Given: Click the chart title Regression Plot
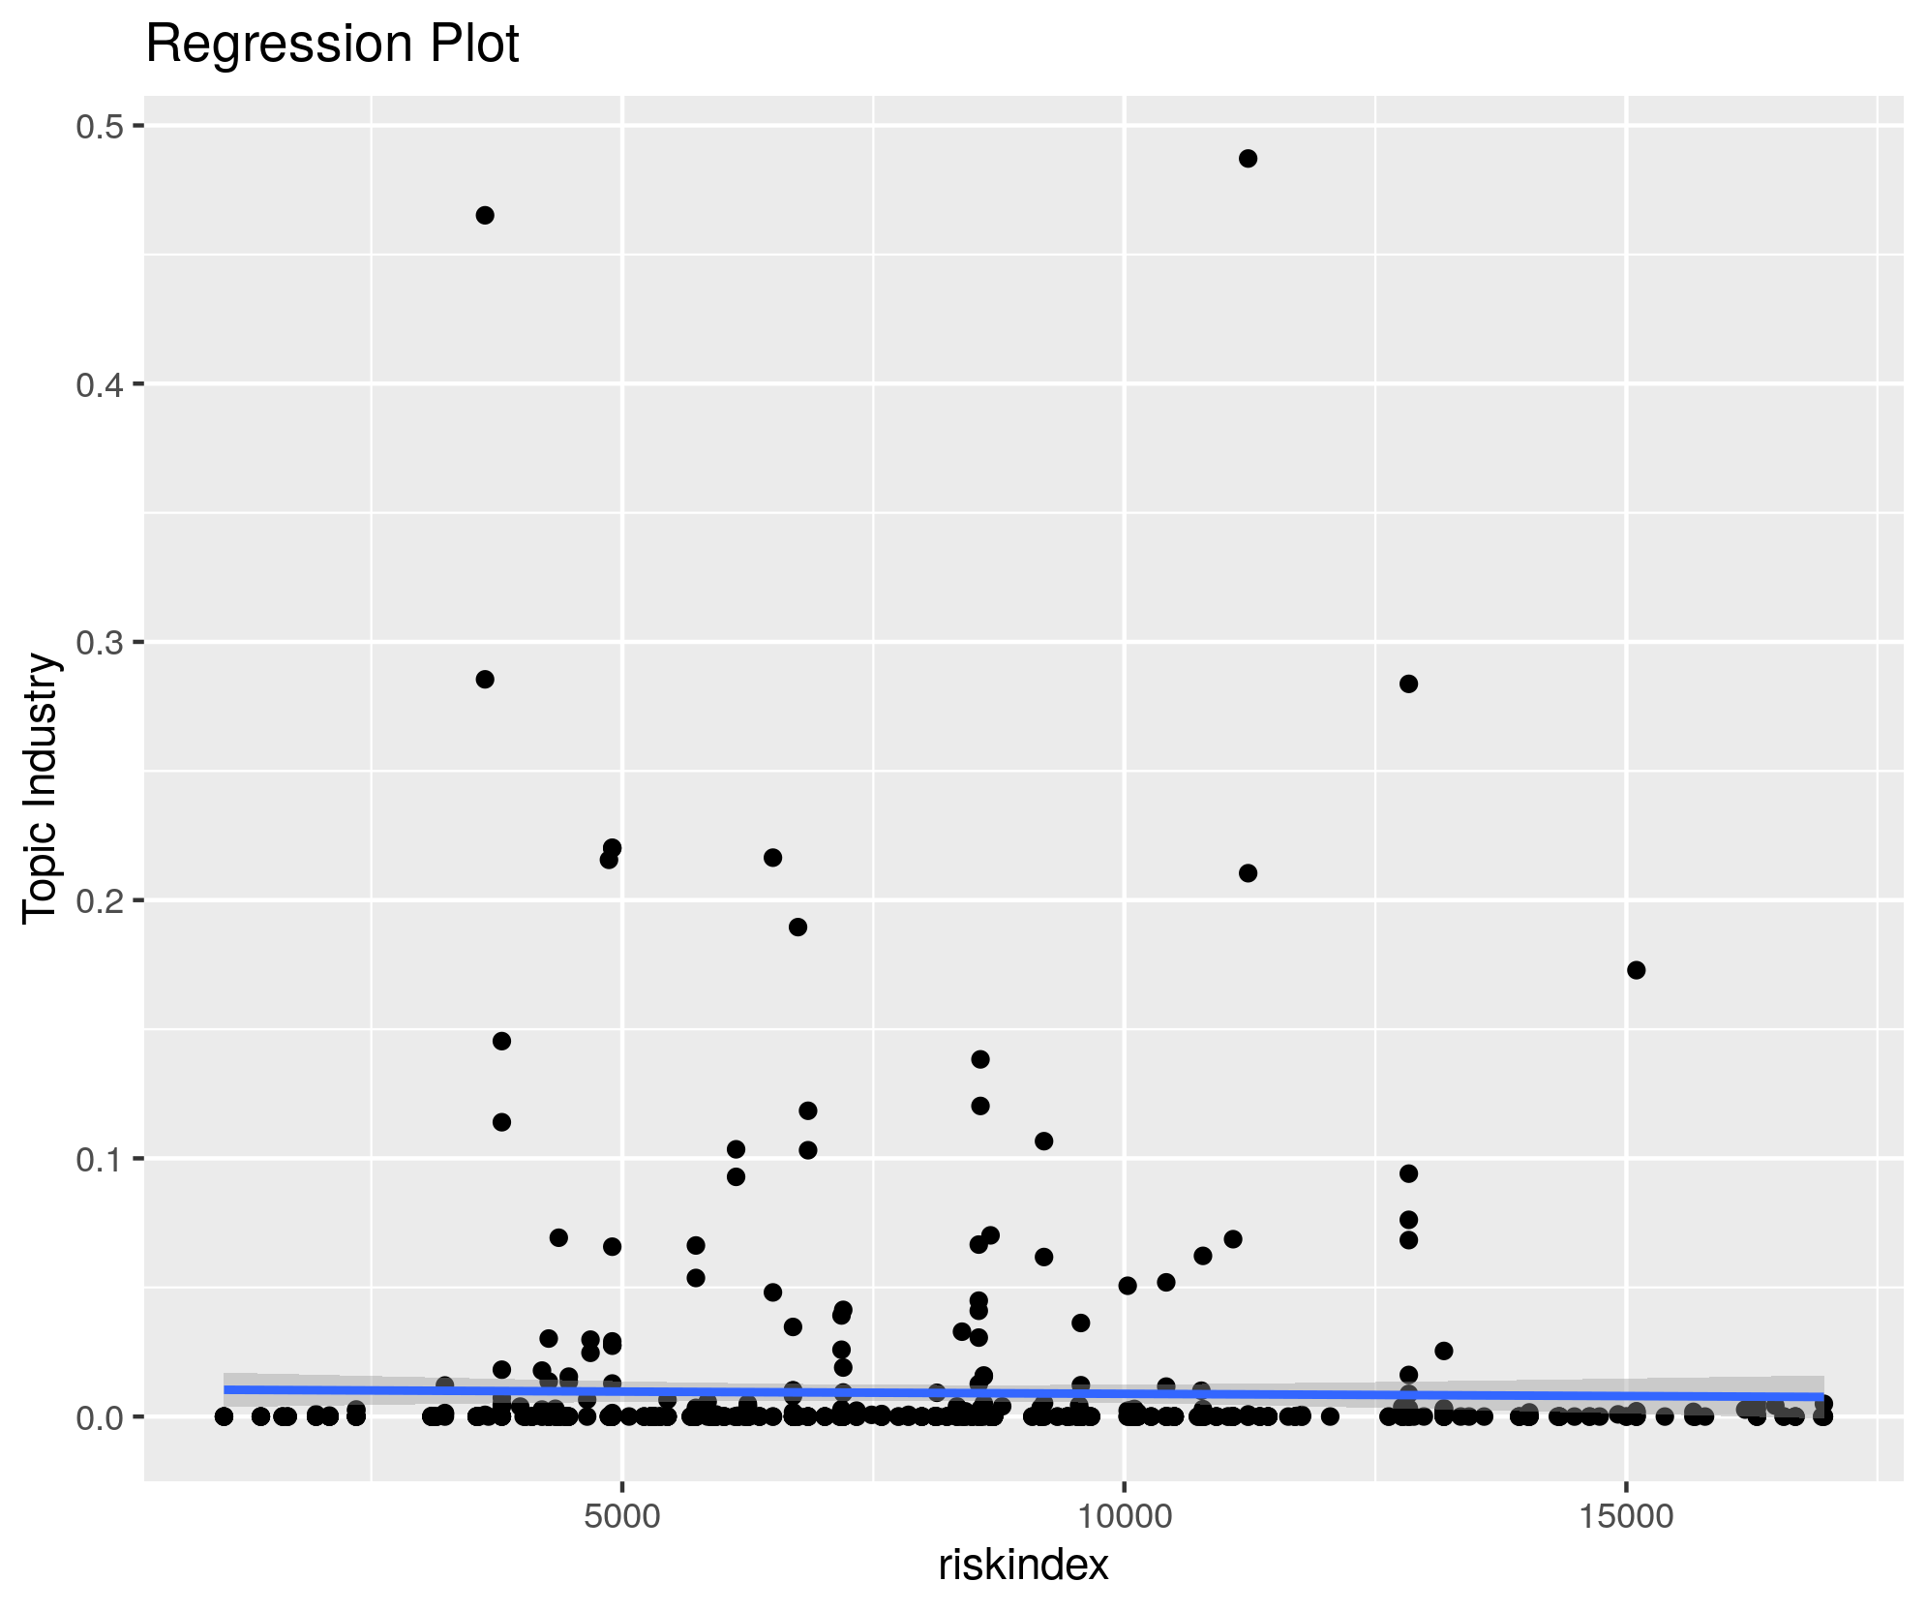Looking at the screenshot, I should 332,45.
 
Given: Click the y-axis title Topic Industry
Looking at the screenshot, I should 42,789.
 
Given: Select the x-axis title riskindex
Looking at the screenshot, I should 1023,1565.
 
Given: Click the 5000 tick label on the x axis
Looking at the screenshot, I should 621,1516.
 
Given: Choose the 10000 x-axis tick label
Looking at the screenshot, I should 1124,1516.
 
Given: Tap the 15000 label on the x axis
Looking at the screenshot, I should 1626,1516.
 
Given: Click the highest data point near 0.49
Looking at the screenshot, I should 1248,159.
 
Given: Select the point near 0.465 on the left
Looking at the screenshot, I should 485,215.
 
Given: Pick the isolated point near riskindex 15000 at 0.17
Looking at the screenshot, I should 1636,970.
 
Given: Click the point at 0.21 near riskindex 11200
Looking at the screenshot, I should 1248,873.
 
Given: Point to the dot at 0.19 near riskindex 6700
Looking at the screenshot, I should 797,928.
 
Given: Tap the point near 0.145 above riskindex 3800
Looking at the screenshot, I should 501,1041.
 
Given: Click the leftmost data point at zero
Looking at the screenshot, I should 224,1416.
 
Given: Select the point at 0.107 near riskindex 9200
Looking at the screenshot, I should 1043,1141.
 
